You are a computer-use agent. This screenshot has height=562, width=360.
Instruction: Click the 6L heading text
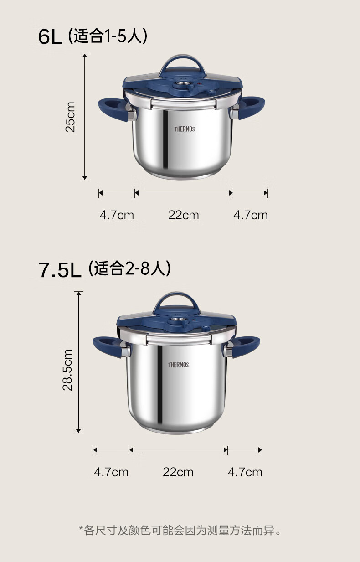[x=50, y=36]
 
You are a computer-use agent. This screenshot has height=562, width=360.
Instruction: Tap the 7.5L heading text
[x=60, y=270]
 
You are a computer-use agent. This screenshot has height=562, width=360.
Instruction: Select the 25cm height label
[x=70, y=117]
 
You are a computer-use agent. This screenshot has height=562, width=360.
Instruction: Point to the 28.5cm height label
[x=67, y=370]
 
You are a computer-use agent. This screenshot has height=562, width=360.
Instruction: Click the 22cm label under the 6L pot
[x=184, y=215]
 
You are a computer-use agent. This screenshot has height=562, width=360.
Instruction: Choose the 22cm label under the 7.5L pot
[x=178, y=472]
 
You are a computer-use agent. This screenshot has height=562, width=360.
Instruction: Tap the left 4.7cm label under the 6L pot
[x=117, y=215]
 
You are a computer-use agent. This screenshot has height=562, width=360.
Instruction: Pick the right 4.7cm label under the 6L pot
[x=251, y=215]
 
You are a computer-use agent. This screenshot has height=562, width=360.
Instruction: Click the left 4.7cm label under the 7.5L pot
[x=111, y=472]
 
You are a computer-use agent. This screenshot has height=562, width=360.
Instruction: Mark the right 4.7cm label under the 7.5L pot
[x=245, y=472]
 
